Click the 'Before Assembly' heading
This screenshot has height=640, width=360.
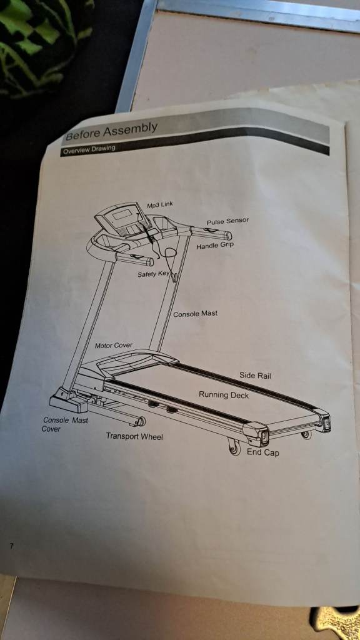(x=111, y=131)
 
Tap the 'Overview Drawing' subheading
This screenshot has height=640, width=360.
(x=89, y=149)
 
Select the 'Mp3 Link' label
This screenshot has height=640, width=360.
(x=160, y=205)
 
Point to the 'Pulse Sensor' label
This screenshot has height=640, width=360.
(x=227, y=222)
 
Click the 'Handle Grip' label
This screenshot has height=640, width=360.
(x=215, y=246)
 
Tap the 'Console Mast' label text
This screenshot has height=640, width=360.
(x=195, y=314)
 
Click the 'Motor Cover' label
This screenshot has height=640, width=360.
(x=114, y=345)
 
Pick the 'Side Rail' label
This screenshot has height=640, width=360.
(x=255, y=376)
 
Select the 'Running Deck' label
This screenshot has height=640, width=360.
(x=224, y=395)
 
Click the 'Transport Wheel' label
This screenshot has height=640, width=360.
(x=134, y=436)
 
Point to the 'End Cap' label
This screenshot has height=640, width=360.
(x=263, y=452)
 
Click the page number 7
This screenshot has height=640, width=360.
(x=12, y=545)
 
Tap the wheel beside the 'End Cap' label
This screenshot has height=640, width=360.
(x=235, y=447)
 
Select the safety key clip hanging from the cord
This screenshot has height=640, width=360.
(x=175, y=277)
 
